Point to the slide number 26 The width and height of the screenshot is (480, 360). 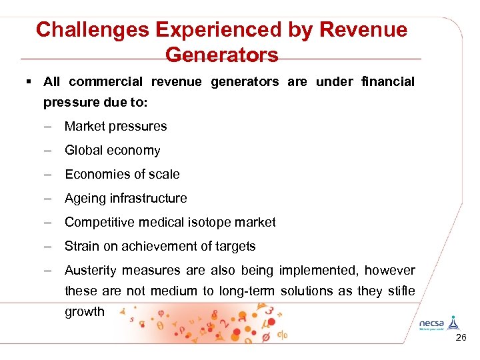pyautogui.click(x=461, y=339)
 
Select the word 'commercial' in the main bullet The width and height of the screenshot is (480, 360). pyautogui.click(x=105, y=82)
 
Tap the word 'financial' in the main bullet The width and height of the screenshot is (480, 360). pyautogui.click(x=387, y=82)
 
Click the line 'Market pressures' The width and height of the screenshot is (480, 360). pyautogui.click(x=115, y=126)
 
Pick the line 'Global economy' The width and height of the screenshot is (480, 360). pyautogui.click(x=112, y=150)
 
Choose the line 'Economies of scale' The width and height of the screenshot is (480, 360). pyautogui.click(x=122, y=174)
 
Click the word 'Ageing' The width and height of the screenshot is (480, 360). pyautogui.click(x=84, y=198)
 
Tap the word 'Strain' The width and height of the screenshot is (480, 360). pyautogui.click(x=81, y=246)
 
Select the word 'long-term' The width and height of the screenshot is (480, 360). pyautogui.click(x=247, y=291)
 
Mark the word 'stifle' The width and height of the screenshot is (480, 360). pyautogui.click(x=400, y=291)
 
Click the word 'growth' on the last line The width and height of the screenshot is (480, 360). pyautogui.click(x=85, y=311)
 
